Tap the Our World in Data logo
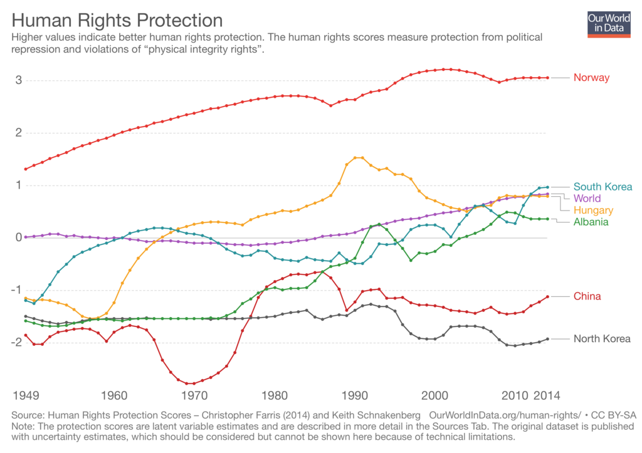point(609,24)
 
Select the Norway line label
point(591,78)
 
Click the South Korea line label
point(603,187)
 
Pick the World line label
point(587,199)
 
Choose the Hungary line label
point(593,210)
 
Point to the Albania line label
point(591,222)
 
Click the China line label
point(587,296)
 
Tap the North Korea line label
point(602,339)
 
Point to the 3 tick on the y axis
point(19,80)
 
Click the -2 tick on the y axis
point(18,342)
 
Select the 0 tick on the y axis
point(19,237)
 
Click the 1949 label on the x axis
point(26,396)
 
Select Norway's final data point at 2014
point(547,78)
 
